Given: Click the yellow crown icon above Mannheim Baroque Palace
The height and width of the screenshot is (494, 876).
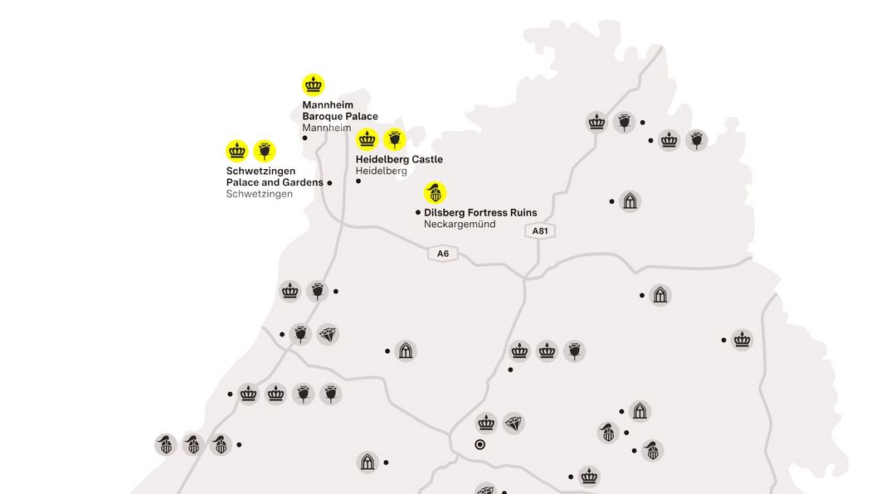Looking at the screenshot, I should click(x=314, y=85).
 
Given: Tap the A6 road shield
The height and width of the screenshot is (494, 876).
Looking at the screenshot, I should click(x=443, y=253).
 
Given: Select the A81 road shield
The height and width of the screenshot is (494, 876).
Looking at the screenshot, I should click(x=540, y=231).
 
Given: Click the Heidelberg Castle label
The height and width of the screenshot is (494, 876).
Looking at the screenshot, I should click(x=399, y=159).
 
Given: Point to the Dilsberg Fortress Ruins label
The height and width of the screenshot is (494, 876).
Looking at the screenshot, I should click(x=480, y=213).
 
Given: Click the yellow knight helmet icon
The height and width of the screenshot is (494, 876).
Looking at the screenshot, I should click(x=436, y=193).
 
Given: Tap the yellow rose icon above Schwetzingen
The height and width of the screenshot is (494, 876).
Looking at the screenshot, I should click(x=265, y=150).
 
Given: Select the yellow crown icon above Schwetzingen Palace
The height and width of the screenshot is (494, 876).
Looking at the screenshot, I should click(x=237, y=150).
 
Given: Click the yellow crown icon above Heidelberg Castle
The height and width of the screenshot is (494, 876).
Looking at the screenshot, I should click(x=367, y=138).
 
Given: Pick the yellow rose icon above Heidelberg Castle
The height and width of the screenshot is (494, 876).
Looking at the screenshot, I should click(x=395, y=138).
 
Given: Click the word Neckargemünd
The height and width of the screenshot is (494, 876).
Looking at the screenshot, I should click(x=460, y=225).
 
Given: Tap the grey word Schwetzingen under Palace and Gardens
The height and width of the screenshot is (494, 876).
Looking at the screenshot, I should click(x=259, y=194).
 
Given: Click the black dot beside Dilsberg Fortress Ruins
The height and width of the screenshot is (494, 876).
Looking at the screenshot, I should click(x=418, y=213).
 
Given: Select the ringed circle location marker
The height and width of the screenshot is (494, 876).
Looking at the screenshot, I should click(x=479, y=444).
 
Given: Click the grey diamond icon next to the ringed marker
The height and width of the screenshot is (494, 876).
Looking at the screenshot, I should click(x=514, y=424).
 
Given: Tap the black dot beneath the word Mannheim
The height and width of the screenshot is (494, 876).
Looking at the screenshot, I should click(x=305, y=138).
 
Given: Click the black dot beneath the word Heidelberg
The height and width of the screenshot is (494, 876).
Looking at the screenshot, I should click(x=358, y=181).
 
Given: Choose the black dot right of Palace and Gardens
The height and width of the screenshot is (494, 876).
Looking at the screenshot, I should click(x=329, y=182).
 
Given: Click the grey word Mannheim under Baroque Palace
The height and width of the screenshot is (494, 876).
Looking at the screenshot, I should click(x=327, y=128).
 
